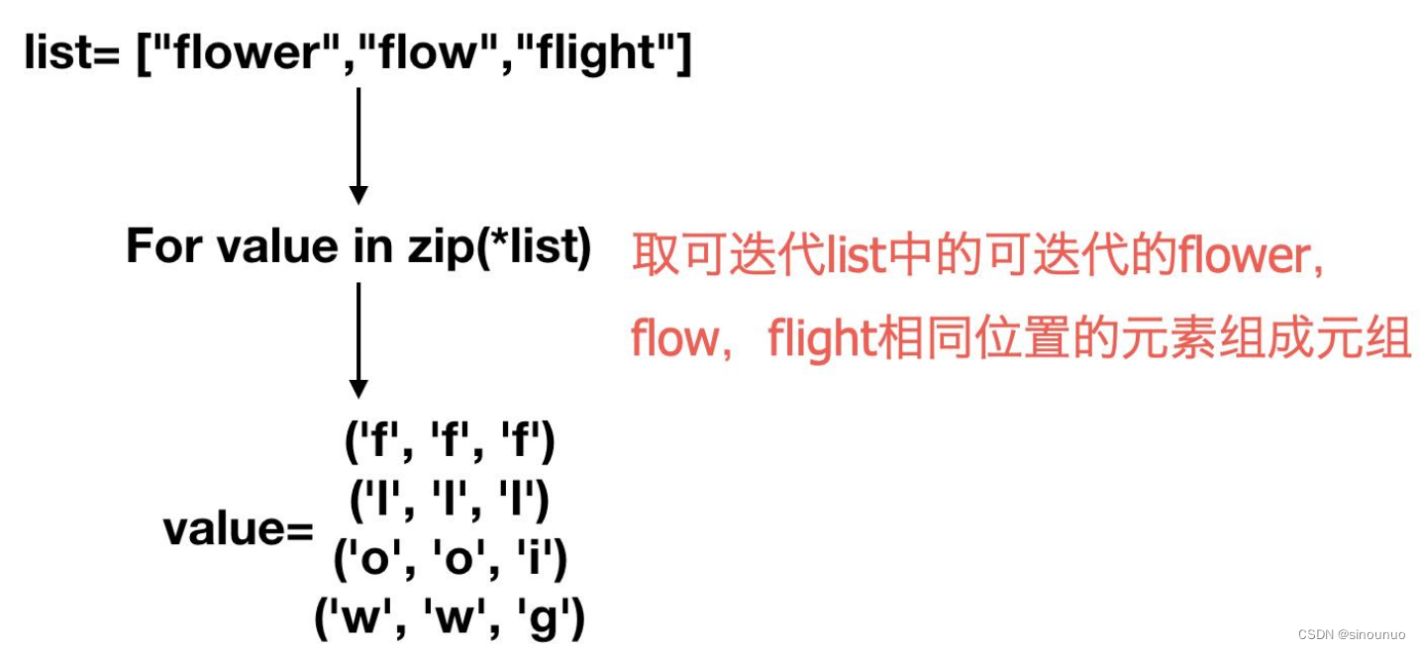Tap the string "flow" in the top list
pos(428,52)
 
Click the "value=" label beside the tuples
pos(238,529)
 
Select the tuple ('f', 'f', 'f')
pos(451,444)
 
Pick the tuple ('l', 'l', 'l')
pos(450,502)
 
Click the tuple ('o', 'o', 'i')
pos(451,561)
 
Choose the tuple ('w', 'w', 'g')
pos(451,620)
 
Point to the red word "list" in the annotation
pos(857,256)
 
